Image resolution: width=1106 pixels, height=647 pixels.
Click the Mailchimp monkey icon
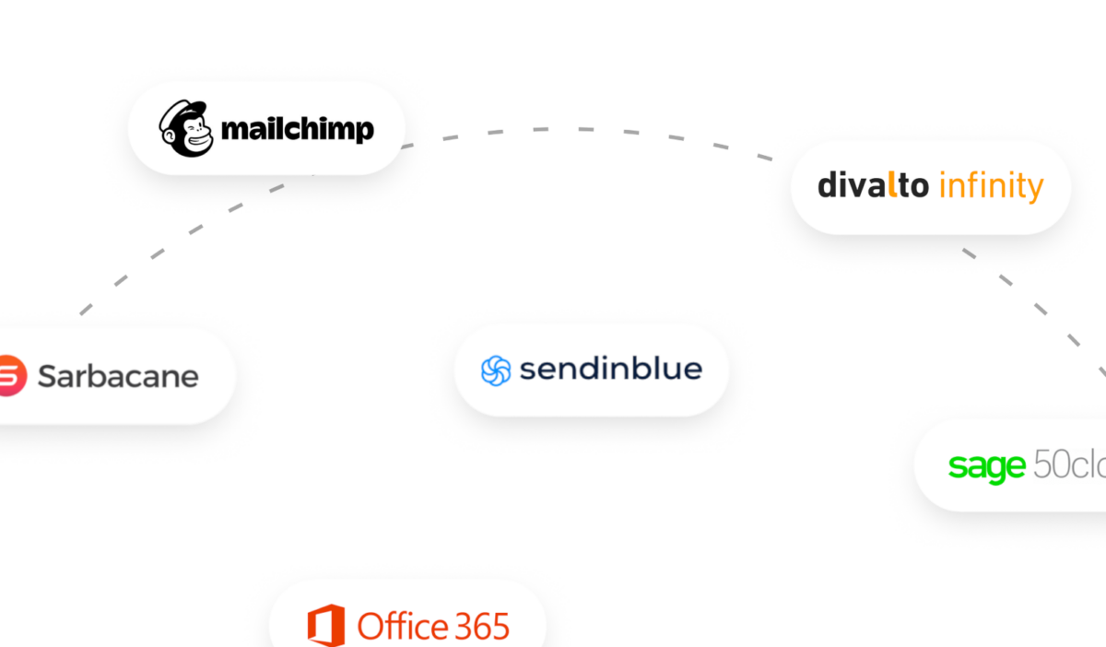pyautogui.click(x=185, y=127)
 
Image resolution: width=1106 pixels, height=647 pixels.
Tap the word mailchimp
pyautogui.click(x=298, y=128)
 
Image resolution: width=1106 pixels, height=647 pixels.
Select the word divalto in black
pyautogui.click(x=873, y=185)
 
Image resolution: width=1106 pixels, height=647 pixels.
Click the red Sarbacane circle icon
pyautogui.click(x=7, y=376)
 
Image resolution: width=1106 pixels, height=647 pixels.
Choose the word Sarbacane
pyautogui.click(x=118, y=376)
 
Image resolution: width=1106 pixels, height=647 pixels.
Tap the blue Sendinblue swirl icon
pyautogui.click(x=496, y=371)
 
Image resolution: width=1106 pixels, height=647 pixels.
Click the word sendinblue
pyautogui.click(x=610, y=370)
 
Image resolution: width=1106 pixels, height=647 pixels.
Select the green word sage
pyautogui.click(x=986, y=466)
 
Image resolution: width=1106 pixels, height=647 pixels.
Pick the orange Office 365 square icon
pyautogui.click(x=325, y=626)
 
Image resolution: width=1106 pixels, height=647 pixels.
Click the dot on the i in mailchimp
pyautogui.click(x=258, y=116)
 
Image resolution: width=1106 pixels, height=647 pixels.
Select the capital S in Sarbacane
pyautogui.click(x=47, y=376)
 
